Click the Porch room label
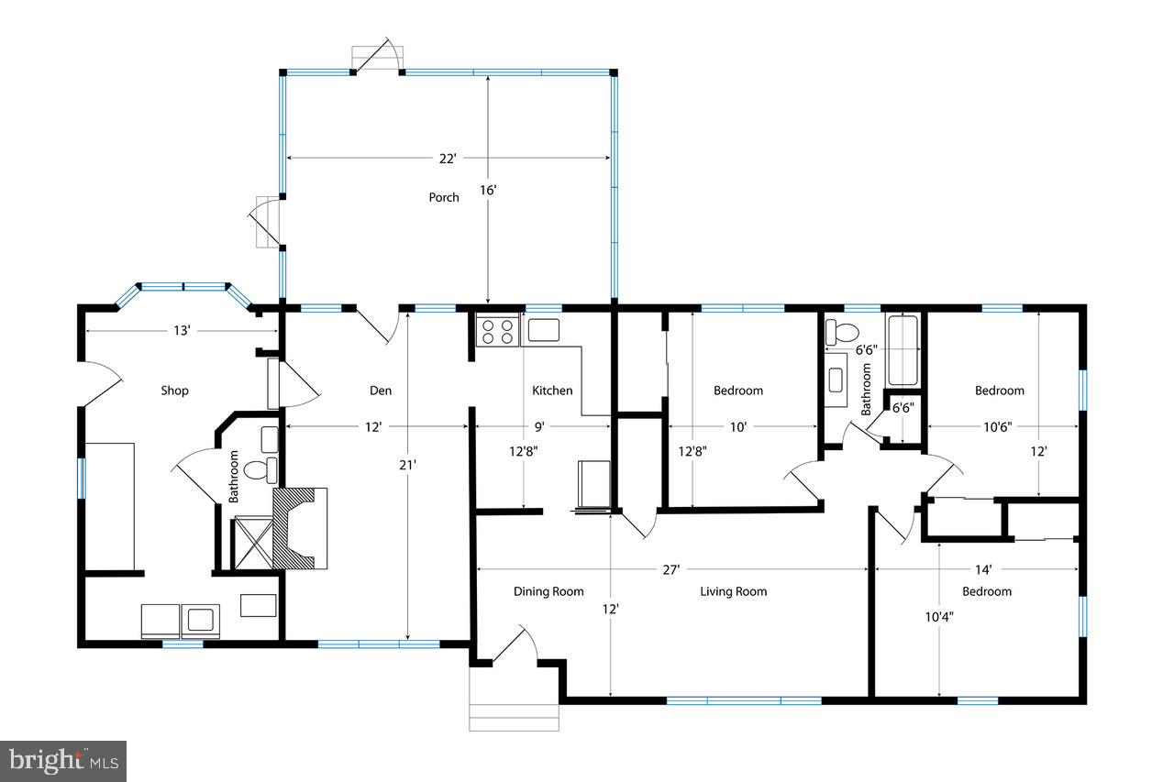444,197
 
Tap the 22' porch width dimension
447,159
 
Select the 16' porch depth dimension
488,191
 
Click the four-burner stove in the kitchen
497,331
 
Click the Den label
381,391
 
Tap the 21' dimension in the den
408,464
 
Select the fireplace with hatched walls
300,528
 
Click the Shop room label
174,391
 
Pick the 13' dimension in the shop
182,330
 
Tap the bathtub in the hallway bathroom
903,350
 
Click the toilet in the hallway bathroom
842,332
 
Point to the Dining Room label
548,591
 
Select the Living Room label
734,591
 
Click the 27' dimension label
671,569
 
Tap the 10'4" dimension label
939,617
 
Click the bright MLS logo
63,760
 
